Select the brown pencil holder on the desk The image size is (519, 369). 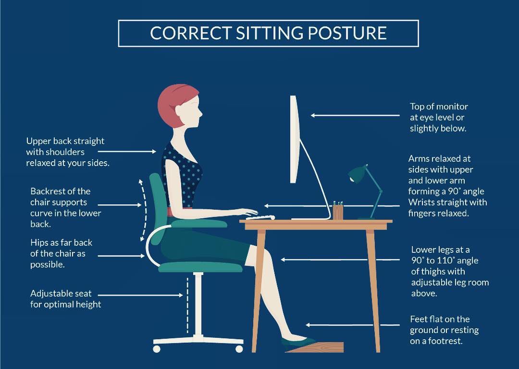pyautogui.click(x=338, y=212)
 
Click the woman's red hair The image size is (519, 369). pyautogui.click(x=173, y=103)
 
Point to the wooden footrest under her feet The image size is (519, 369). pyautogui.click(x=315, y=347)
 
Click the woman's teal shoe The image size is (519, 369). pyautogui.click(x=294, y=341)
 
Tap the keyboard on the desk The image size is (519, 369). pyautogui.click(x=260, y=217)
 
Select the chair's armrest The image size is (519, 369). pyautogui.click(x=199, y=224)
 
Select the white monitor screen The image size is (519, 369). pyautogui.click(x=295, y=139)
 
